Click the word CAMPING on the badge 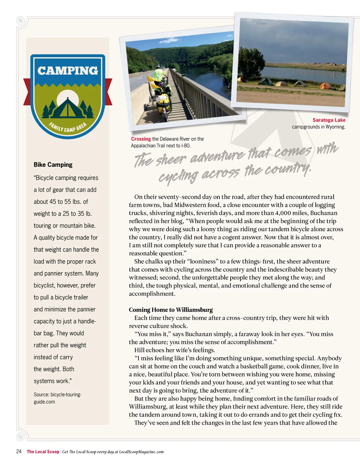[x=67, y=71]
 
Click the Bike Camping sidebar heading [x=53, y=165]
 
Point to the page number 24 [x=19, y=451]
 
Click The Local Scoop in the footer [x=43, y=452]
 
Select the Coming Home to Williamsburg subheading [x=171, y=310]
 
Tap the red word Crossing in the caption [x=141, y=139]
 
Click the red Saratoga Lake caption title [x=329, y=120]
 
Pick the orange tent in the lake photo [x=325, y=86]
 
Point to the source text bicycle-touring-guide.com [x=57, y=398]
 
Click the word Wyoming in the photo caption [x=335, y=127]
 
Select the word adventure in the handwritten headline [x=217, y=156]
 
